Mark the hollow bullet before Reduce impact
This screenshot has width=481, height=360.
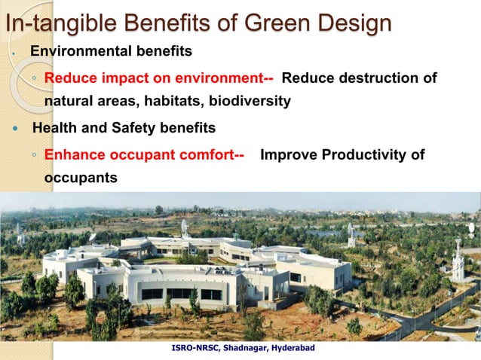coord(35,79)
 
